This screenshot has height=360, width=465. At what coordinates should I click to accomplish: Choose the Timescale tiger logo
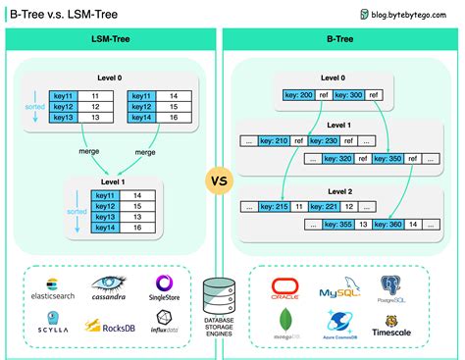tap(393, 325)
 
